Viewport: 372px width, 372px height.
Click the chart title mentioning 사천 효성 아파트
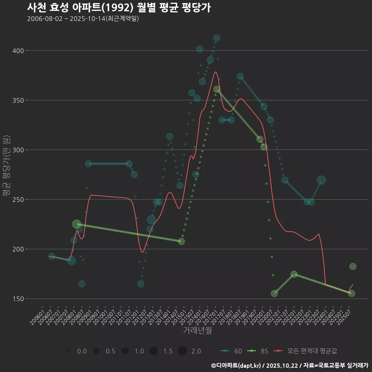pos(119,7)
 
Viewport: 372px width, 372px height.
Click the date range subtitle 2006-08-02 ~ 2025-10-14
pos(83,19)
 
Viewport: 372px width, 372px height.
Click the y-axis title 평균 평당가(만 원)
pos(5,166)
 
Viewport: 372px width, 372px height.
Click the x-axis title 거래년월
pos(197,331)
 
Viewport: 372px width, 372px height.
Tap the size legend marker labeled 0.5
pos(96,351)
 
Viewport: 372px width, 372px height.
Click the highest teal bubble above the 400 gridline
pos(217,38)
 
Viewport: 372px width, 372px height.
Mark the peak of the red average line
pos(216,72)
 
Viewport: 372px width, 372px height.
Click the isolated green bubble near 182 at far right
pos(353,267)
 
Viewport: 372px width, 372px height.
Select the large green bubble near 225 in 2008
pos(77,224)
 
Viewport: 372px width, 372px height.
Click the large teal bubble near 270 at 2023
pos(321,180)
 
